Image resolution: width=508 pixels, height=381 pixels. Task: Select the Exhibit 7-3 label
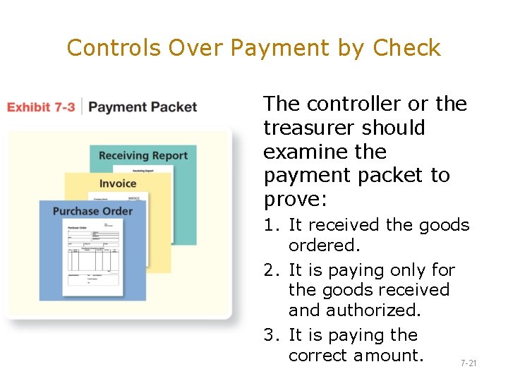pos(41,107)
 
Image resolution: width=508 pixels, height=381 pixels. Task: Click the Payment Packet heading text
pos(143,107)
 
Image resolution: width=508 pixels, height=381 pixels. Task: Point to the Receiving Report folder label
pos(143,156)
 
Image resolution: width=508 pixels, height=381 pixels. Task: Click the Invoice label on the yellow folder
pos(118,183)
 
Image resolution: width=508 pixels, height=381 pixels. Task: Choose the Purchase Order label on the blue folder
pos(92,211)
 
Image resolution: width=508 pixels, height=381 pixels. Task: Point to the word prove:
pos(295,200)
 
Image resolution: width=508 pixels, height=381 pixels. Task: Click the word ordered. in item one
pos(324,245)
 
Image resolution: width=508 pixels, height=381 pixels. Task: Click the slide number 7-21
pos(468,363)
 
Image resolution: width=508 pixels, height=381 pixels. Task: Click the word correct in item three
pos(317,355)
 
